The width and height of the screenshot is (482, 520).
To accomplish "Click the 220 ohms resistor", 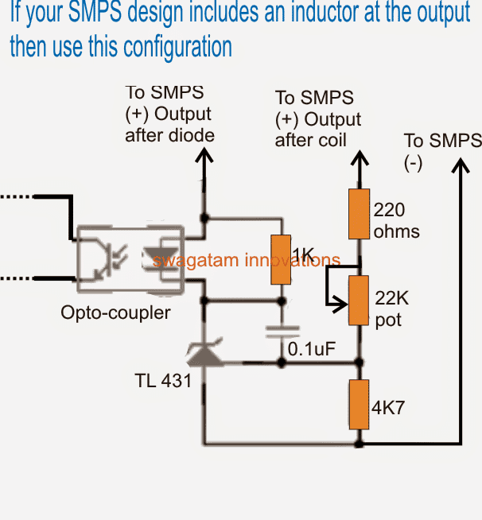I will click(x=360, y=213).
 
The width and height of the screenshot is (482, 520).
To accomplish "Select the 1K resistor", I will click(x=279, y=260).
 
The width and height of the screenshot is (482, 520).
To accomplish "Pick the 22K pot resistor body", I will click(x=360, y=300).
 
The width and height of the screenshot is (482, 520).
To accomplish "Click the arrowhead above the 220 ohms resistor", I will click(x=360, y=162).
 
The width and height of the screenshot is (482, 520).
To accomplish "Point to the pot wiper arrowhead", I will click(x=344, y=305).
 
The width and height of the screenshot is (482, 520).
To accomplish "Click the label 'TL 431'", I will click(x=163, y=381).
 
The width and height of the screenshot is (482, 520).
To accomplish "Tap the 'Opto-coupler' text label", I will click(x=115, y=312).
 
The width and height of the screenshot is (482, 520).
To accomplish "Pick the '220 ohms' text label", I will click(x=395, y=220).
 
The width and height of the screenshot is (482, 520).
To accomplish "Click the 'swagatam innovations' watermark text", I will click(x=247, y=260).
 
